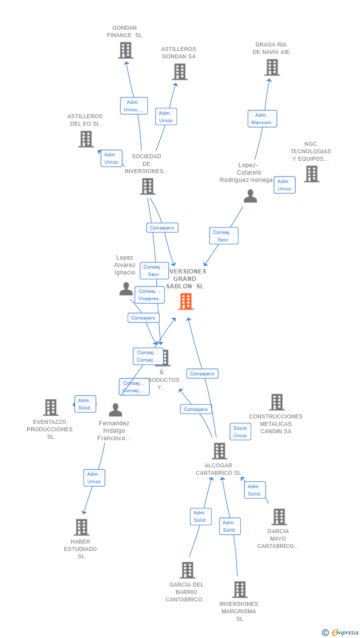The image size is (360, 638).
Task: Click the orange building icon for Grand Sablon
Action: point(186,301)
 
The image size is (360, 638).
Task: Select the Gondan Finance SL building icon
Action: point(126,50)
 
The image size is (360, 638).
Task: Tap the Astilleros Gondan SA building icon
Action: point(180,72)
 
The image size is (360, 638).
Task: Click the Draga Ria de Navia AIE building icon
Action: point(272,67)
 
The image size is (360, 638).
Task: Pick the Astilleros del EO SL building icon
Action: point(86,139)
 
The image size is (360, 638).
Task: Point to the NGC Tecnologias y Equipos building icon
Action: point(312,174)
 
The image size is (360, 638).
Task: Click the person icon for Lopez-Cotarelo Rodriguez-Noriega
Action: point(250,196)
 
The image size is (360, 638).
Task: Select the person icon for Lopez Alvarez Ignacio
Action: point(126,288)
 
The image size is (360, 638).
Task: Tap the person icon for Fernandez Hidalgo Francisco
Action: point(115,410)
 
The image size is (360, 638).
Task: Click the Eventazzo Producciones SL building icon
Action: point(50,408)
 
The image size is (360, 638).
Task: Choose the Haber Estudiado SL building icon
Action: point(82,527)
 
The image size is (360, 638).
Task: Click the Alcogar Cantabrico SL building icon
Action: point(220,451)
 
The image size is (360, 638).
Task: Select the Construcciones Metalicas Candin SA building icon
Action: point(277,402)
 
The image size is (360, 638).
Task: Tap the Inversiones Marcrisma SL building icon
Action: point(240,590)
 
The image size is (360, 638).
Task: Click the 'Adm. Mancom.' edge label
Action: point(262,119)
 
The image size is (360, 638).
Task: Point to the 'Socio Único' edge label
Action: point(240,432)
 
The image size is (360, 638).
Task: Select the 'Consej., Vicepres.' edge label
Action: point(149,295)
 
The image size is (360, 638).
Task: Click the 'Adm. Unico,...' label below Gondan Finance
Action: point(134,106)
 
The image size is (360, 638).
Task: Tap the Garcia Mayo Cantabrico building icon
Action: point(279,517)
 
